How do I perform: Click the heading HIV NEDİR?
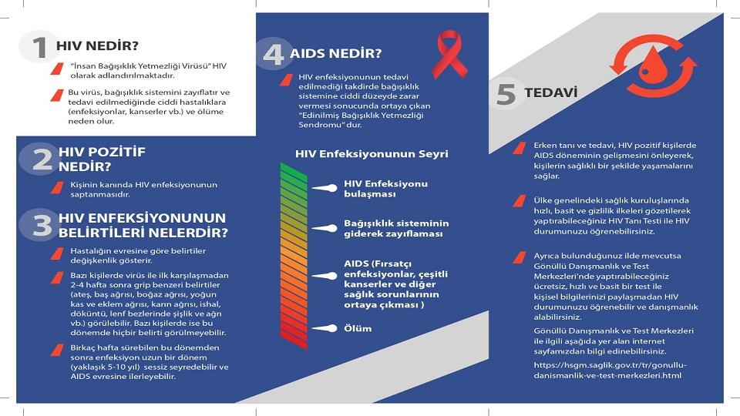(97, 45)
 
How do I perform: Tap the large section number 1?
(39, 48)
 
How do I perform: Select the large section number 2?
(42, 159)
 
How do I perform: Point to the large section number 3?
(42, 225)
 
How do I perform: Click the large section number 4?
(274, 53)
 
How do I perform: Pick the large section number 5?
(506, 94)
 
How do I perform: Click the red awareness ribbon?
(449, 54)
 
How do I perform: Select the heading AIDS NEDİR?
(335, 53)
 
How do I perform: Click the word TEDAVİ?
(550, 92)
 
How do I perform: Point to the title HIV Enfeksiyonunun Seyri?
(372, 154)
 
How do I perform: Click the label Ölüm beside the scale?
(358, 328)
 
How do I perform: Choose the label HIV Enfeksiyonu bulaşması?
(385, 189)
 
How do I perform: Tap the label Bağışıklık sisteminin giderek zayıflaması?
(396, 228)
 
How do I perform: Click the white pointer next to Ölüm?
(325, 328)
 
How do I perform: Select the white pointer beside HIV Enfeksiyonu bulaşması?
(325, 188)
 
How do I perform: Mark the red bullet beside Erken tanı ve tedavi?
(520, 148)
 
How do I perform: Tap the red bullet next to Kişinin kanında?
(57, 188)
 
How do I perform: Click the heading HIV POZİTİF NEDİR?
(102, 159)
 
